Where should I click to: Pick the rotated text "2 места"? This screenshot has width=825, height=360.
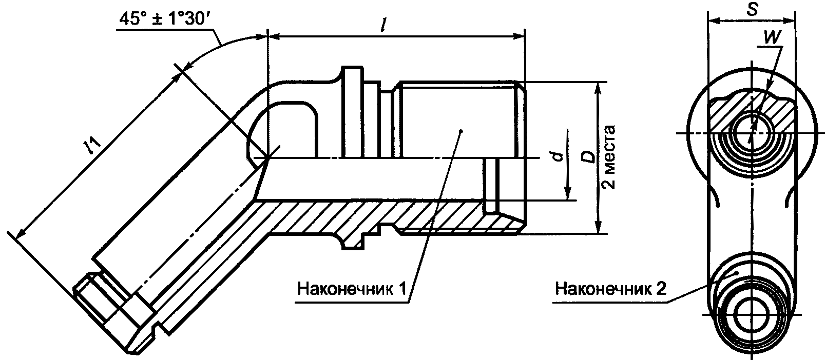point(611,157)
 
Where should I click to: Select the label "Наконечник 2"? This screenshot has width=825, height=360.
point(610,290)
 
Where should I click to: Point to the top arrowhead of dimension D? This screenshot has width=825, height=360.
point(598,87)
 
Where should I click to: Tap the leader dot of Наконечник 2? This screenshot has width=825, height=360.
point(738,273)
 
